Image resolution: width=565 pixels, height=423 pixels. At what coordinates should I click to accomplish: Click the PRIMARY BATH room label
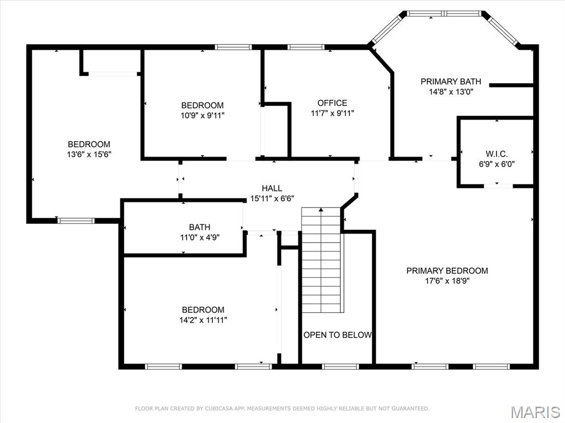(447, 82)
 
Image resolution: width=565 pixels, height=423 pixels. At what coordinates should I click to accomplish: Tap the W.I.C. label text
(496, 153)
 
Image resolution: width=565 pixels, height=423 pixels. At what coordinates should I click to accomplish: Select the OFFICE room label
(332, 103)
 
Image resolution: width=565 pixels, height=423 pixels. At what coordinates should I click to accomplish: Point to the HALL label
(272, 189)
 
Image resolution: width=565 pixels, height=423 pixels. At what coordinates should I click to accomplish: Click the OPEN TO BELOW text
(337, 335)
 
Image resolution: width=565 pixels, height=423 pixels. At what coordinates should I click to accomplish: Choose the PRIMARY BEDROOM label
(447, 271)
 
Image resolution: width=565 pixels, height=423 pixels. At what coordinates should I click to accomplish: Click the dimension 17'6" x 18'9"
(447, 281)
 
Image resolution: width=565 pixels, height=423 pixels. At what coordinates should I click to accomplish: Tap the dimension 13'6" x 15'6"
(89, 155)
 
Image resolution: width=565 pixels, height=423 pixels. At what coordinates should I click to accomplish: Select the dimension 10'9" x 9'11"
(202, 115)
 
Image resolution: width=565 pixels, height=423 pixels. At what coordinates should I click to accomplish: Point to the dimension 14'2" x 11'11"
(203, 320)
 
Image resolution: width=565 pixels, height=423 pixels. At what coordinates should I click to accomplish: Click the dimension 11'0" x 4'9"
(199, 237)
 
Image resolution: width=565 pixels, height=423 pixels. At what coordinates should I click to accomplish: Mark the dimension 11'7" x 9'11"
(332, 113)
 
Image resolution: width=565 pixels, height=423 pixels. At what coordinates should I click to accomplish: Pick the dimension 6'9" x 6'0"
(496, 164)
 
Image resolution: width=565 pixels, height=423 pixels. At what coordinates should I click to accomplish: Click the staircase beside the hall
(322, 259)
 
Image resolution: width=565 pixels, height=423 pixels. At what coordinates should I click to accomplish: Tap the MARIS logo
(535, 411)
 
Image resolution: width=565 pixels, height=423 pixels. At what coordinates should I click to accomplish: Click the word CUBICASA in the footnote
(206, 409)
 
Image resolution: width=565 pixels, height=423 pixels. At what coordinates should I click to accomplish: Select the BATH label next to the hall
(199, 227)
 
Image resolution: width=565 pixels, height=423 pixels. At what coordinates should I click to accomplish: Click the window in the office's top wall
(306, 47)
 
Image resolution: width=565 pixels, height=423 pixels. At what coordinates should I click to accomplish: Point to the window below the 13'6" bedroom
(76, 221)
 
